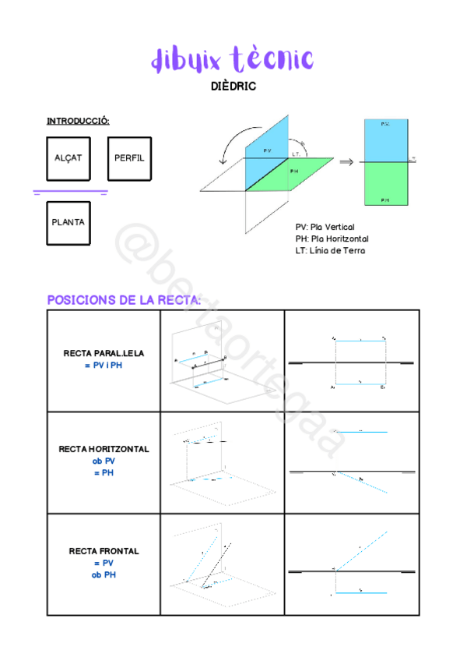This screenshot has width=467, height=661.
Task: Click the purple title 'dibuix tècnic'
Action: pos(232,59)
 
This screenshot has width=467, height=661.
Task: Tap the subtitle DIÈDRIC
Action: pos(233,87)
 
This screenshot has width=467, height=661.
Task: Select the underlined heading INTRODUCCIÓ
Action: pos(78,121)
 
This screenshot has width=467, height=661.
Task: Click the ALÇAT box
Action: pos(68,158)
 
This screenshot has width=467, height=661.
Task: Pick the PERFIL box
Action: pos(128,158)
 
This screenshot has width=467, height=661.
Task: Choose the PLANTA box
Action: pos(68,222)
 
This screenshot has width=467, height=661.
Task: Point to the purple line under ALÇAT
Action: pos(70,190)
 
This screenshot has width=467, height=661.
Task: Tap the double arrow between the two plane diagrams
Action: pos(346,162)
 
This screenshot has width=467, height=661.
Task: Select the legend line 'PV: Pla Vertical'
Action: pos(325,228)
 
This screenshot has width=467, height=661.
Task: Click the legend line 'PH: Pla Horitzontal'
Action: pos(332,239)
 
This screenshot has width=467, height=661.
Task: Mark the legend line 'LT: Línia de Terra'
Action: pos(330,250)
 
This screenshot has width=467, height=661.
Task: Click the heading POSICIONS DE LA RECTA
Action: pos(125,300)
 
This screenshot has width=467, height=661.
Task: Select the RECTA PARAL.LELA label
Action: pos(104,354)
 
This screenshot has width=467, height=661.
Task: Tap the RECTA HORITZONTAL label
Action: pos(104,450)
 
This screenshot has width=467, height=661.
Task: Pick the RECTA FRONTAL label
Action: pos(104,551)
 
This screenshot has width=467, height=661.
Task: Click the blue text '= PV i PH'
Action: pos(104,365)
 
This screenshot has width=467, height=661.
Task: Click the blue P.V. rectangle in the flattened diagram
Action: pos(385,140)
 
